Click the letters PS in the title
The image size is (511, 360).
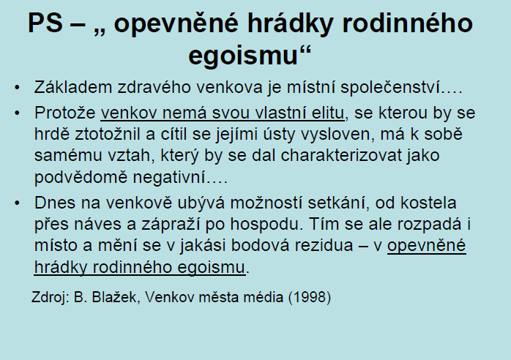coord(45,23)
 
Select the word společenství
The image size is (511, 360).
coord(390,88)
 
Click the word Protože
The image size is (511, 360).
coord(65,113)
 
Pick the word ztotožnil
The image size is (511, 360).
coord(108,134)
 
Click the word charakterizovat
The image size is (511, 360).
coord(341,155)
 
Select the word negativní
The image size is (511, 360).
coord(169,178)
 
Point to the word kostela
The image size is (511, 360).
coord(428,203)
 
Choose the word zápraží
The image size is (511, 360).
coord(171,225)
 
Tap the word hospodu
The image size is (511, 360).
coord(264,225)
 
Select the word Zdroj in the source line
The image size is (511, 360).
coord(51,298)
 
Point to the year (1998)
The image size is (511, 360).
coord(310,297)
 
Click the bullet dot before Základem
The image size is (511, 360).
coord(18,88)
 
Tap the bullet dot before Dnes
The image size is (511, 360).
coord(18,203)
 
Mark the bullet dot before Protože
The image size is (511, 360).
coord(18,113)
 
